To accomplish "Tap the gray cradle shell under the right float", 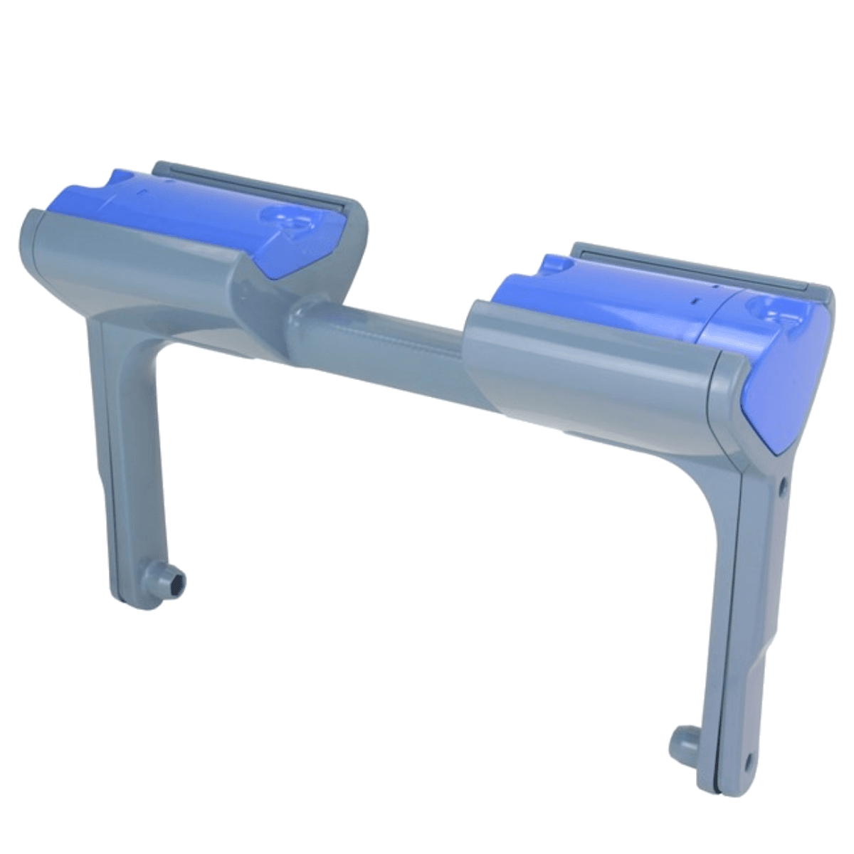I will point(591,377).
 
